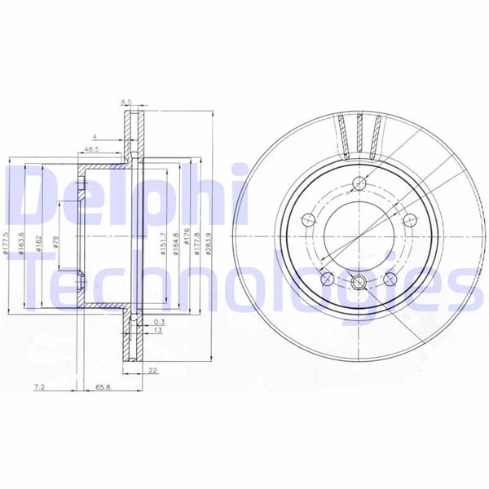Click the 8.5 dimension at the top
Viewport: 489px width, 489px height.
click(126, 102)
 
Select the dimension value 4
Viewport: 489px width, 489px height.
click(95, 135)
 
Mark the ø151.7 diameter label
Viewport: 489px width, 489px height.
click(164, 242)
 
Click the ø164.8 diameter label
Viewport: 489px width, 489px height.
click(175, 242)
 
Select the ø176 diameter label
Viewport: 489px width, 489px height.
click(187, 242)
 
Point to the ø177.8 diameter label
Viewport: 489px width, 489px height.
click(198, 242)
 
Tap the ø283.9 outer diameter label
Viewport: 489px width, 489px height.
click(209, 242)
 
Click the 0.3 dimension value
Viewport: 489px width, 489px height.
click(156, 322)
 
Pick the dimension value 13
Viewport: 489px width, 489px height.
click(157, 332)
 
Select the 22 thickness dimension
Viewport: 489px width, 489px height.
click(152, 371)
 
